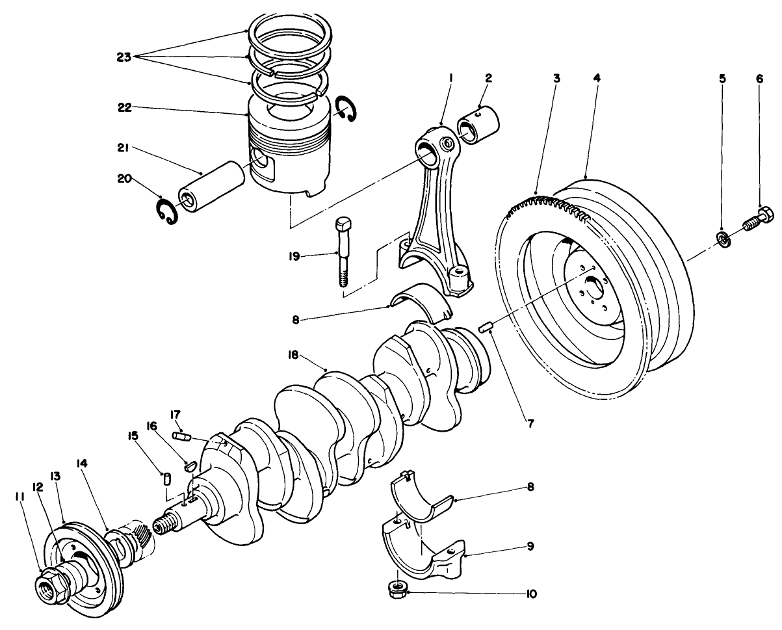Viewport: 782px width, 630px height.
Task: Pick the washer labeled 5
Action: pyautogui.click(x=723, y=239)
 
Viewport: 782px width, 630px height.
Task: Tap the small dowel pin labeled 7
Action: pyautogui.click(x=484, y=327)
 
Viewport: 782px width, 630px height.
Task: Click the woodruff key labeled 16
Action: pyautogui.click(x=189, y=465)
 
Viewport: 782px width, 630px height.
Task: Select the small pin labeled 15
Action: pyautogui.click(x=166, y=479)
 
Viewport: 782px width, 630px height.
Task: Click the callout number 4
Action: pyautogui.click(x=597, y=77)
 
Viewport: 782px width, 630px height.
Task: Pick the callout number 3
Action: pyautogui.click(x=556, y=77)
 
